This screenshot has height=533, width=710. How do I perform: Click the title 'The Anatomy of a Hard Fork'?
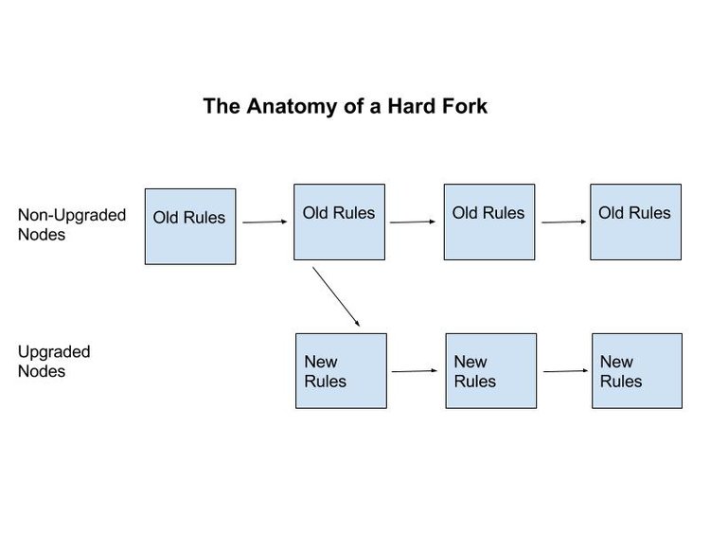[x=345, y=106]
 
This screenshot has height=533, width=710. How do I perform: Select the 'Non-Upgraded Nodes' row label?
[x=71, y=224]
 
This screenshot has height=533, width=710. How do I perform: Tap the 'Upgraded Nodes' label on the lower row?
[x=54, y=362]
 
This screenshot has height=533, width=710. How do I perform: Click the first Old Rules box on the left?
[x=189, y=225]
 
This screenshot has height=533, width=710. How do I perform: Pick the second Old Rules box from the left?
[x=339, y=222]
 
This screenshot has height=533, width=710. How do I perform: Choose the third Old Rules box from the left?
[x=488, y=222]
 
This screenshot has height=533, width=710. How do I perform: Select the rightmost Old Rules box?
[x=635, y=222]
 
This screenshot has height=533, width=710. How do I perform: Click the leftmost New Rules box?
[x=341, y=371]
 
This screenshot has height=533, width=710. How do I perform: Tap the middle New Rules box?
[x=490, y=371]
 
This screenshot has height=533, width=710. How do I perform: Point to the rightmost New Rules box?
[x=636, y=371]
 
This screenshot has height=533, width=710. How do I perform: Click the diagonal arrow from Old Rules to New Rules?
[x=336, y=296]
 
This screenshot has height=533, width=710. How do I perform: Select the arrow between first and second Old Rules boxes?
[x=264, y=222]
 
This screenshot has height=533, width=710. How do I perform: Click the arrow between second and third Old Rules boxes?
[x=413, y=222]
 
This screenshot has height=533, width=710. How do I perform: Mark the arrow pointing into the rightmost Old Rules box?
[x=564, y=222]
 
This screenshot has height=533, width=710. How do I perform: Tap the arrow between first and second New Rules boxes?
[x=415, y=371]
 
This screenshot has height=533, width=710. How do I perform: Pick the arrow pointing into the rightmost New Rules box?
[x=565, y=371]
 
